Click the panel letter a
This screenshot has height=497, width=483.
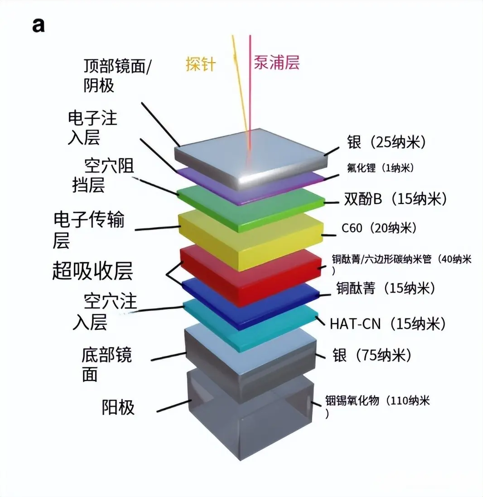coord(39,25)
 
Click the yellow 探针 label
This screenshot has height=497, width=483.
coord(200,64)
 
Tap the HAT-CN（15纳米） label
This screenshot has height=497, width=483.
coord(388,324)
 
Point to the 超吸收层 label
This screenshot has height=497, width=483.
coord(92,272)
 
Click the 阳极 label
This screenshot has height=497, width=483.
coord(118,408)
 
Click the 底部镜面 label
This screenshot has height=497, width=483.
coord(106,365)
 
